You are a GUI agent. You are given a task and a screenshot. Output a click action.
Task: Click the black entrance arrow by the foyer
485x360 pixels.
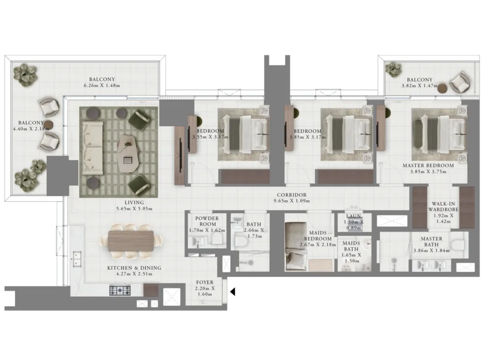(x=232, y=292)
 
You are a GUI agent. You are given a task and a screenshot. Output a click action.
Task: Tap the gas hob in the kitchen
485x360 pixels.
(x=120, y=291)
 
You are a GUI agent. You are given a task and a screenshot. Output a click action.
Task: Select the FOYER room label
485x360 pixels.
(x=204, y=282)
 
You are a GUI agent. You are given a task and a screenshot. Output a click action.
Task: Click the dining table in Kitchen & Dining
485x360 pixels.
(x=131, y=241)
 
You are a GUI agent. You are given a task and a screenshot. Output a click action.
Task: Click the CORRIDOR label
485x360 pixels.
(x=292, y=195)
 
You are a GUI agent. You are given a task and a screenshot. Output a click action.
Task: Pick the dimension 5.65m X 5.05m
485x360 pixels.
(x=134, y=209)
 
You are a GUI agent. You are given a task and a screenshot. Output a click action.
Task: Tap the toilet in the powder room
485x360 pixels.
(x=217, y=238)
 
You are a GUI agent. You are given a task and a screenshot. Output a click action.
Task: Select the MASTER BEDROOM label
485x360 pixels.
(x=428, y=165)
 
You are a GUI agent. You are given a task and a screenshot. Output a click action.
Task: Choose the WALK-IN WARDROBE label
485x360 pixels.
(x=443, y=207)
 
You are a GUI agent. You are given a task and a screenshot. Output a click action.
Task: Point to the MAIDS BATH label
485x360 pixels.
(x=351, y=246)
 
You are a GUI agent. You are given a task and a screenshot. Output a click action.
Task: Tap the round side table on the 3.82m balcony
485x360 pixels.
(x=443, y=88)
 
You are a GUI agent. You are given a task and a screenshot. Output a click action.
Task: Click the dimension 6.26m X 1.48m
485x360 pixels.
(x=102, y=85)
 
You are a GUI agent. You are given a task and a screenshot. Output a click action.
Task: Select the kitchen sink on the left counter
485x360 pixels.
(x=76, y=259)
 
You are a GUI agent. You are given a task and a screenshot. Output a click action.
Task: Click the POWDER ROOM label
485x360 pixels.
(x=207, y=221)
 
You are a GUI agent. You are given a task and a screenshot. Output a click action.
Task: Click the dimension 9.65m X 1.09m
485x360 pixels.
(x=292, y=201)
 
